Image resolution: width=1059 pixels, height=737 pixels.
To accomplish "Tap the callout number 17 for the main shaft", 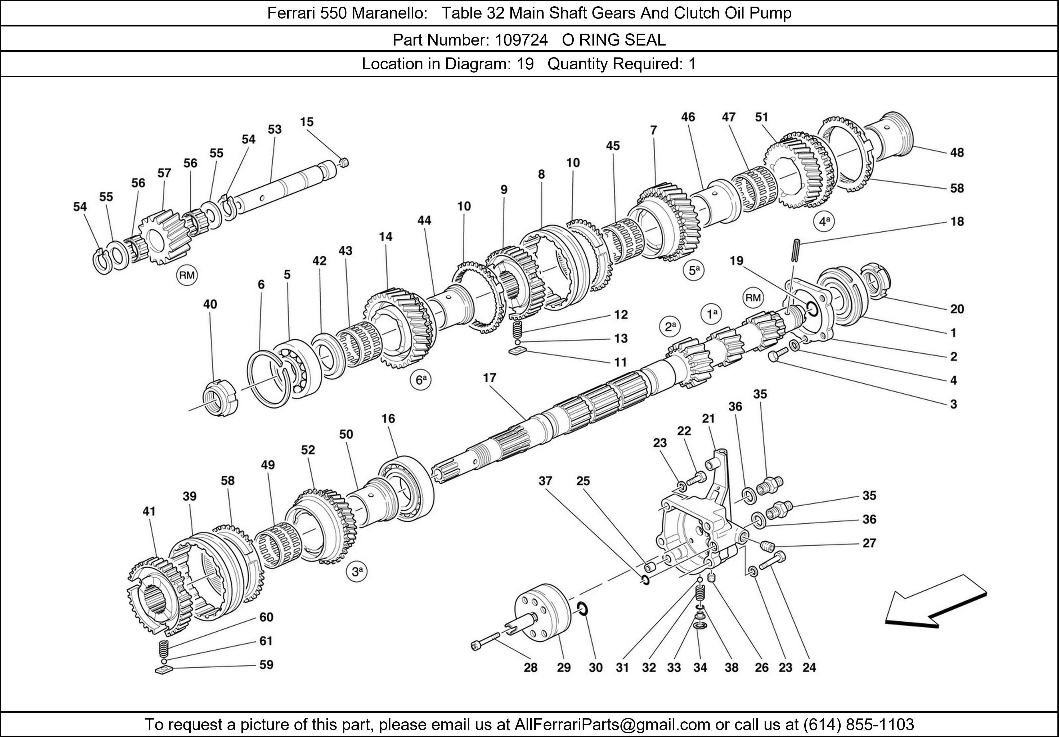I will (x=489, y=378).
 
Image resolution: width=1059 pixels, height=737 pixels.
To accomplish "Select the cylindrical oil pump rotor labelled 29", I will (x=540, y=616).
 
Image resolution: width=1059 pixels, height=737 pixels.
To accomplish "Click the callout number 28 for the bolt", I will (x=530, y=667).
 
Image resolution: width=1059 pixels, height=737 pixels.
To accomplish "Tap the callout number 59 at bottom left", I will (x=266, y=664).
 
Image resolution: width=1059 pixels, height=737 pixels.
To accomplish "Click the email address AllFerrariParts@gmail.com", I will (x=612, y=725).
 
